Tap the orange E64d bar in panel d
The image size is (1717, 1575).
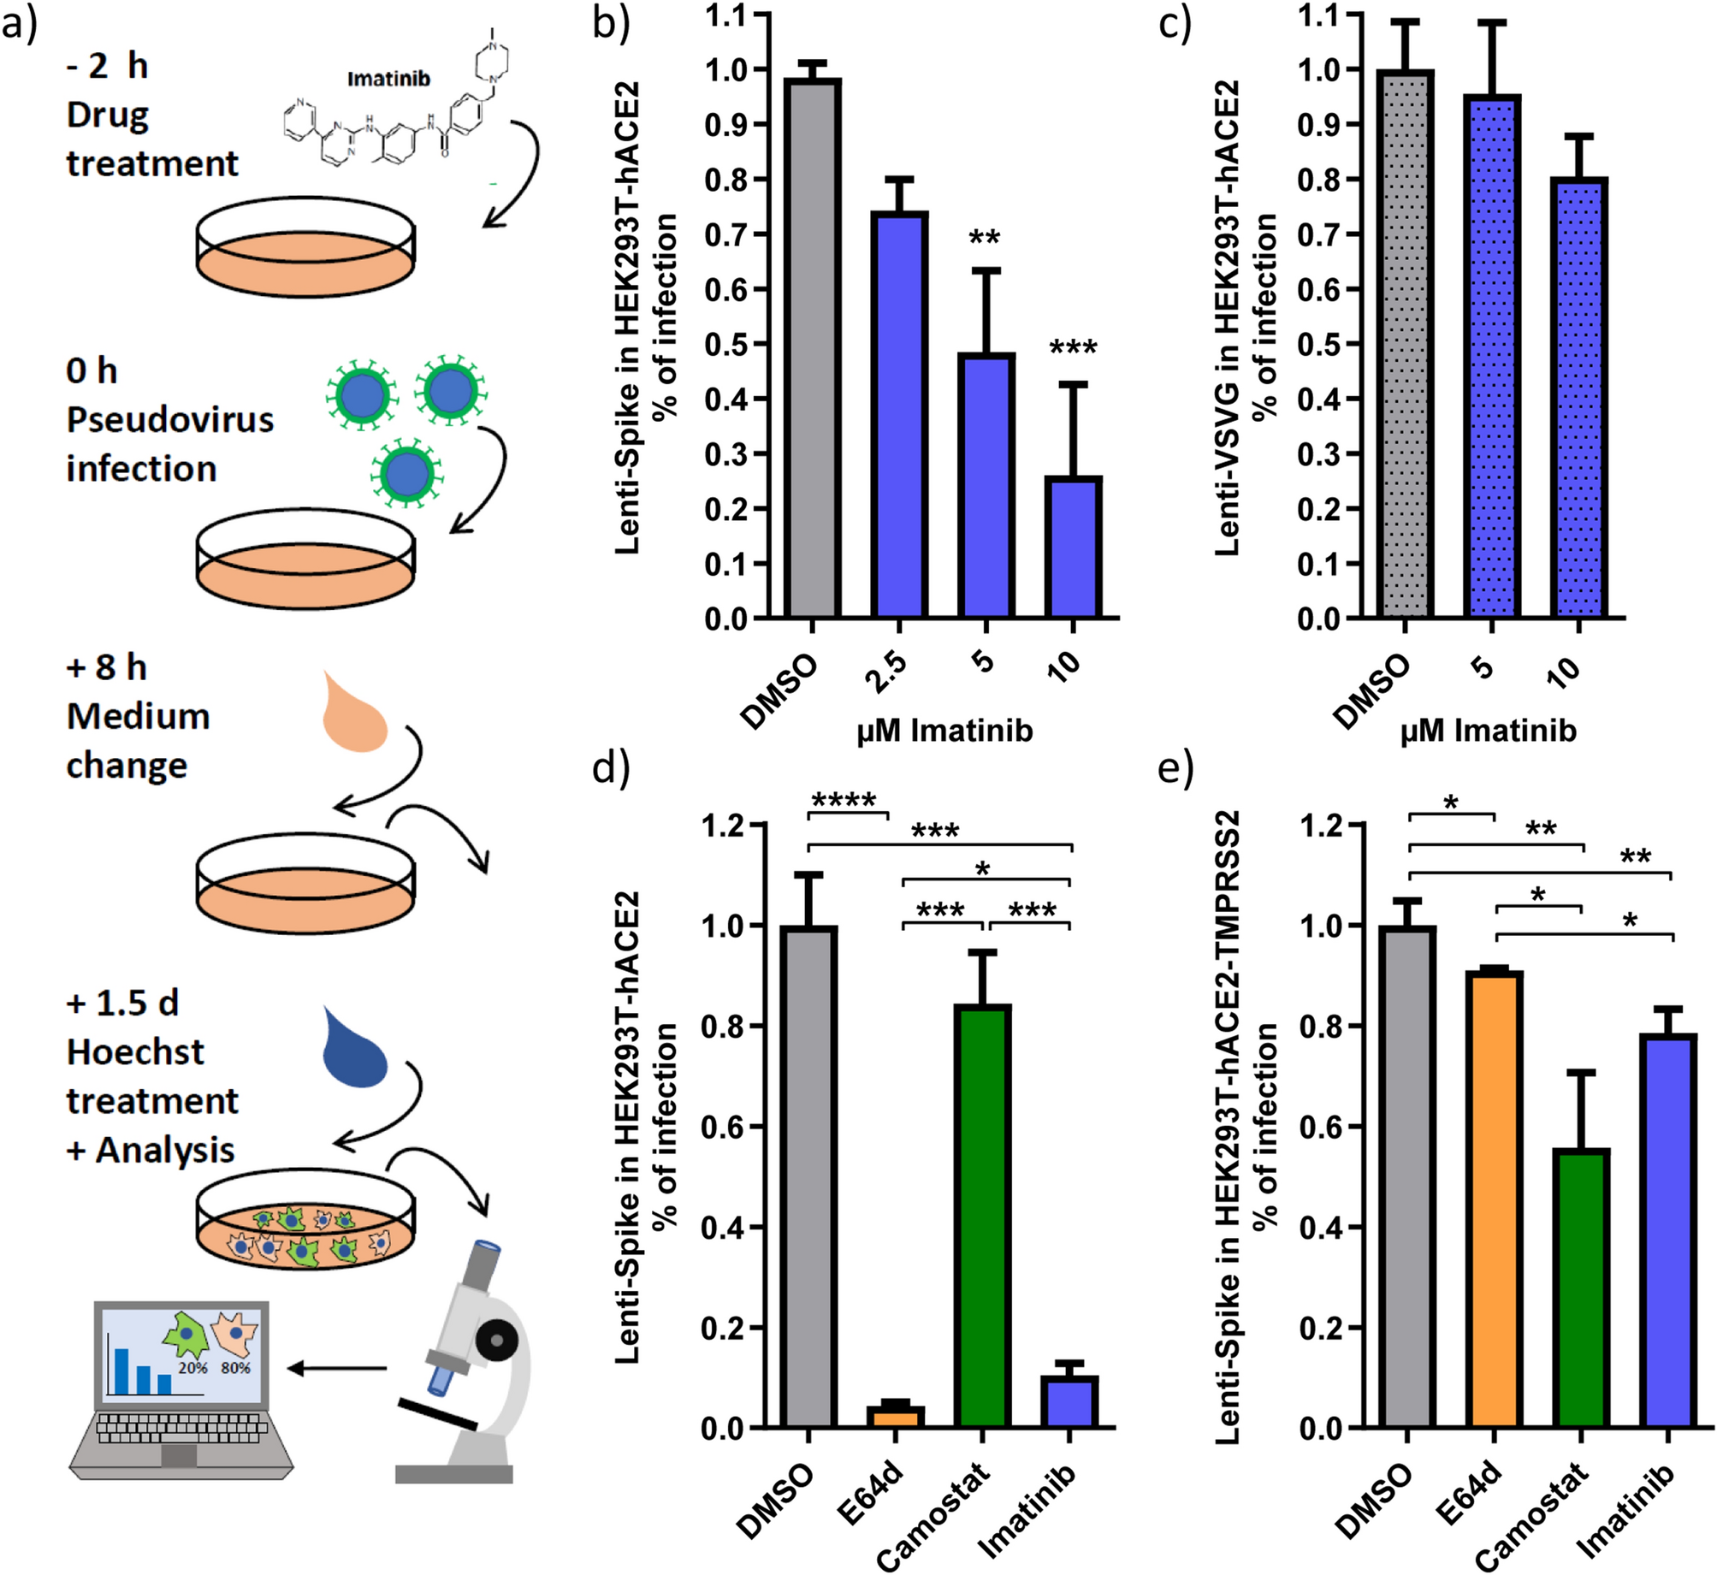pyautogui.click(x=895, y=1416)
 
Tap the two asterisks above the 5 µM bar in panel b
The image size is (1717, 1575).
pyautogui.click(x=985, y=238)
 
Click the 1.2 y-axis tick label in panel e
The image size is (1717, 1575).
pyautogui.click(x=1321, y=826)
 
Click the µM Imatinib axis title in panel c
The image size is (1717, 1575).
pyautogui.click(x=1488, y=731)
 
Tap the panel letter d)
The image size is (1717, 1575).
pyautogui.click(x=611, y=767)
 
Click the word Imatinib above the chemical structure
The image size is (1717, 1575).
pyautogui.click(x=388, y=79)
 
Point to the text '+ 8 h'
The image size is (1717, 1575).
pyautogui.click(x=106, y=667)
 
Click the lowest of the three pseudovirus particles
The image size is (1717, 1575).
pyautogui.click(x=406, y=473)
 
